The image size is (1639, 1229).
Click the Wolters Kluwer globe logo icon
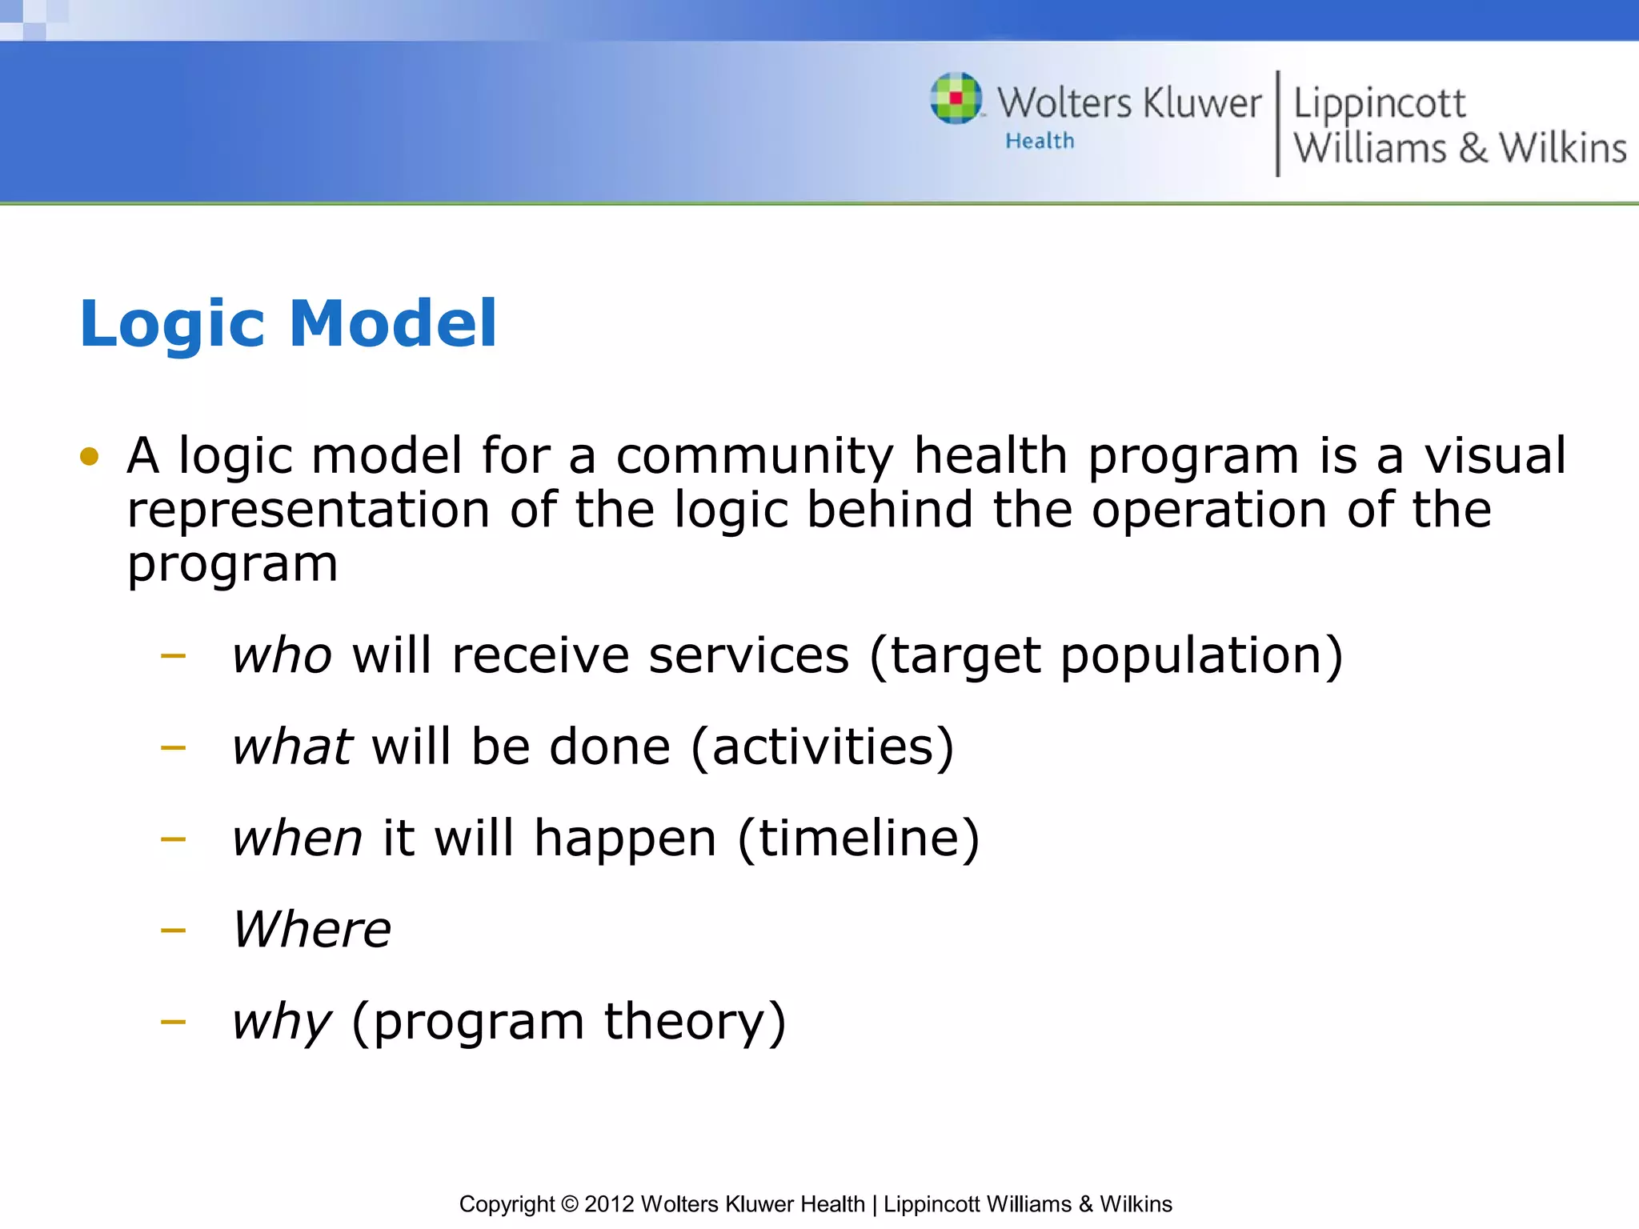click(x=956, y=98)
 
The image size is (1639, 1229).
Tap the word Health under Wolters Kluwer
click(x=1040, y=141)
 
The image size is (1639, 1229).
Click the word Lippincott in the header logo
click(x=1379, y=104)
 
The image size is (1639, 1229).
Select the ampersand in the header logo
click(x=1473, y=149)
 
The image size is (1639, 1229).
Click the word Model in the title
click(x=393, y=323)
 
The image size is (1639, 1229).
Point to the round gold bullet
click(x=90, y=457)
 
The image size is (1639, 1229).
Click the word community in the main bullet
click(x=754, y=456)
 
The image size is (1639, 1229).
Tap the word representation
click(x=309, y=510)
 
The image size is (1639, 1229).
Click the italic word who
click(x=282, y=655)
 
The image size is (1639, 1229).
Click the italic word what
click(x=292, y=747)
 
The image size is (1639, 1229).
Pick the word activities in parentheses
click(x=822, y=747)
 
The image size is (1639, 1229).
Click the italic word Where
click(x=312, y=930)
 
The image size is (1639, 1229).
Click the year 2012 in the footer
click(x=609, y=1204)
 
